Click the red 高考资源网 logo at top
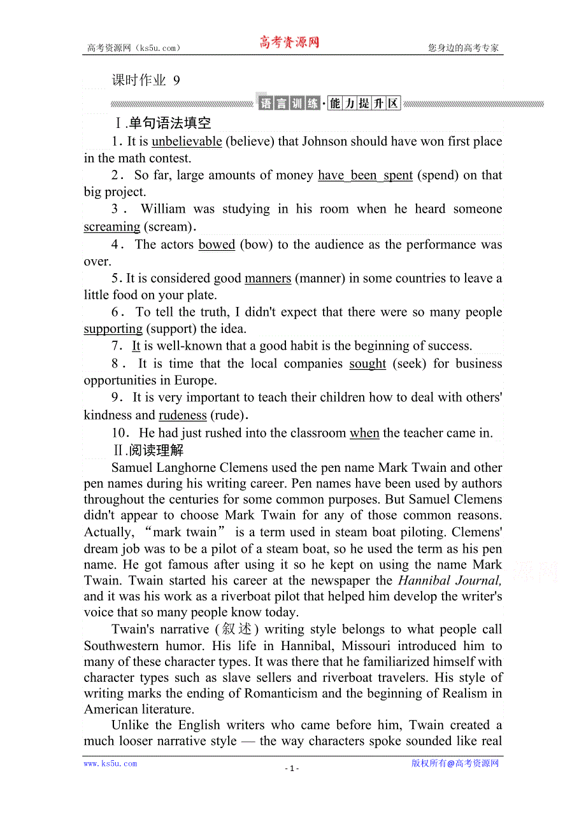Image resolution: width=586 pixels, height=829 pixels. pos(289,43)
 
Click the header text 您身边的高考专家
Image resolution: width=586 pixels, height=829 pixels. pos(463,48)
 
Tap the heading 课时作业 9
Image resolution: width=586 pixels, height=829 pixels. pos(146,80)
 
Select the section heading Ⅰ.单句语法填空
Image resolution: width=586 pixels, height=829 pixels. pos(162,123)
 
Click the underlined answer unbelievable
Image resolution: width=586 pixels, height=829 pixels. pos(187,141)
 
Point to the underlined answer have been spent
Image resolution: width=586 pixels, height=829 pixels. pos(365,175)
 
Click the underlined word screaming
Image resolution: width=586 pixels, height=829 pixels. pos(111,227)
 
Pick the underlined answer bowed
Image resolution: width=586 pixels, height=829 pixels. pos(217,244)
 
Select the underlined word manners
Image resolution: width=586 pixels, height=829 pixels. pos(268,278)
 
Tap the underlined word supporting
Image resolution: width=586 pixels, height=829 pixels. pos(113,329)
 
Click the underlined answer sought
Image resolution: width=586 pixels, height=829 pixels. pos(368,364)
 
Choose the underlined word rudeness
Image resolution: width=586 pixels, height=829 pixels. pos(183,415)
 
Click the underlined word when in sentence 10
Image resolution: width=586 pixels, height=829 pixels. pos(364,433)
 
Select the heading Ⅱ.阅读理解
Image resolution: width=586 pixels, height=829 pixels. pos(147,451)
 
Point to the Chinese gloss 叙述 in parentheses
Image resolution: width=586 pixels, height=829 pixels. pos(238,630)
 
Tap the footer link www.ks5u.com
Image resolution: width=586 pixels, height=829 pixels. pos(110,763)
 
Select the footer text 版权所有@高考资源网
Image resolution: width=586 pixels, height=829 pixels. pos(455,763)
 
